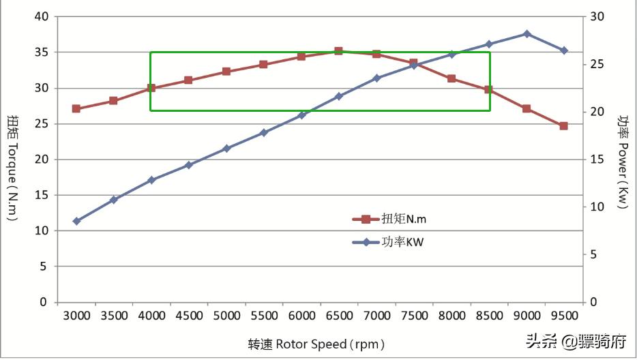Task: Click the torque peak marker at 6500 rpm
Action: [x=338, y=51]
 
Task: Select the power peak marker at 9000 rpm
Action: [x=527, y=33]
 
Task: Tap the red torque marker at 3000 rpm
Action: [x=76, y=108]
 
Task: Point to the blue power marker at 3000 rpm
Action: [x=76, y=221]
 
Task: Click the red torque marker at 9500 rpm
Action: [x=563, y=125]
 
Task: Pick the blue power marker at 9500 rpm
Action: [x=563, y=50]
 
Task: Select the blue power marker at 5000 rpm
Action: [x=226, y=148]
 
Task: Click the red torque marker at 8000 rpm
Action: [x=451, y=78]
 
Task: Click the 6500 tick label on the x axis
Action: [x=339, y=316]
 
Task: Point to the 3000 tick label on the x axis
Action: [x=76, y=316]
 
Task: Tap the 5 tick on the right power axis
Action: [x=593, y=254]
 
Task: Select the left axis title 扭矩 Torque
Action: [x=13, y=168]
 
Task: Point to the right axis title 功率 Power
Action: [x=623, y=161]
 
